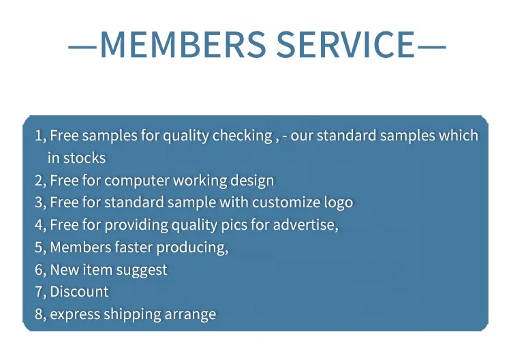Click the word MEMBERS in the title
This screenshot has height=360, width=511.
tap(183, 44)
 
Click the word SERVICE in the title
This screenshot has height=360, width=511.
tap(346, 44)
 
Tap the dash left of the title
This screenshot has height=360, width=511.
tap(82, 47)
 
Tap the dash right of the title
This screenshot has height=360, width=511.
tap(431, 47)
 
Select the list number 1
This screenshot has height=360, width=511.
tap(39, 136)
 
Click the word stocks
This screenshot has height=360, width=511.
tap(84, 158)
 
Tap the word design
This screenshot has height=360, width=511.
tap(252, 181)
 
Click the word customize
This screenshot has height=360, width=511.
tap(286, 202)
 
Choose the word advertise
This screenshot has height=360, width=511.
tap(304, 225)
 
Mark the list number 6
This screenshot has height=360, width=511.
tap(39, 270)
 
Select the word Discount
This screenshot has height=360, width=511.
tap(79, 292)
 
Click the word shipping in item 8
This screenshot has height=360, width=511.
tap(132, 314)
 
